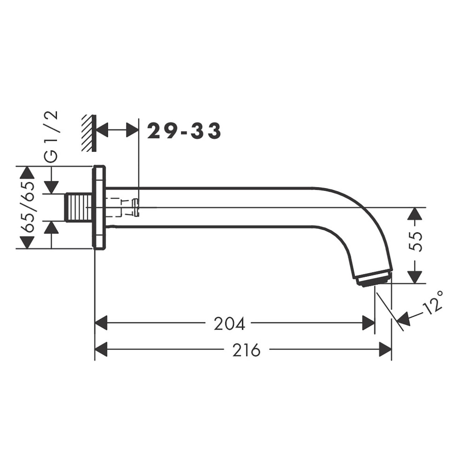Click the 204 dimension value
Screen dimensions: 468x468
[229, 324]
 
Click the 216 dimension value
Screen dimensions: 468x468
[246, 350]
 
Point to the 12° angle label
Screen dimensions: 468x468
[433, 302]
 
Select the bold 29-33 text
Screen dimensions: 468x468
[184, 131]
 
